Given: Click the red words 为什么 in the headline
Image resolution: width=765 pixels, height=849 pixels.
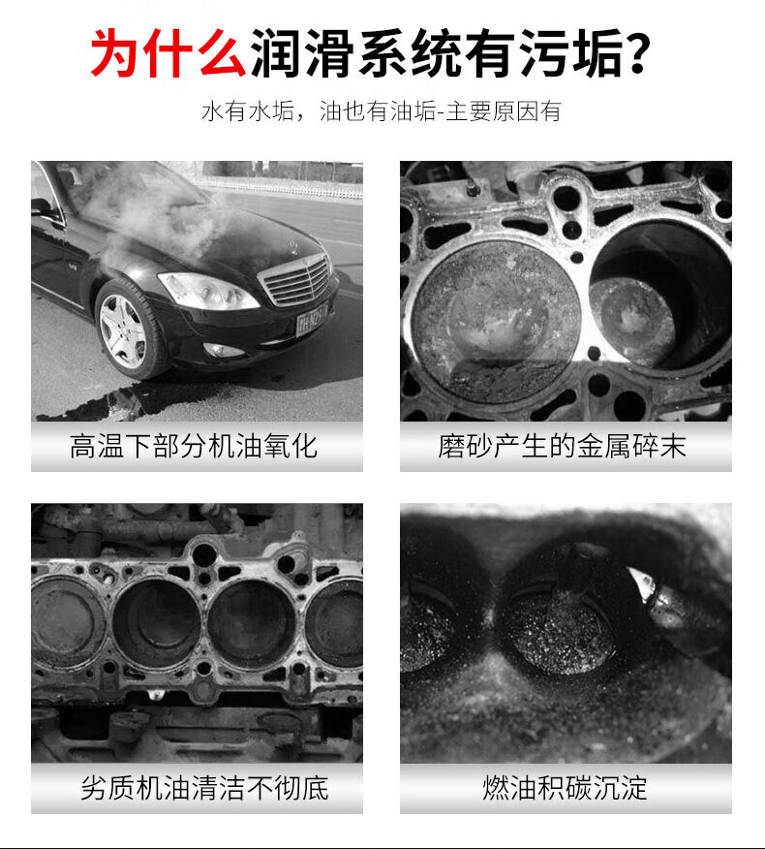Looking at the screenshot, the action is (168, 52).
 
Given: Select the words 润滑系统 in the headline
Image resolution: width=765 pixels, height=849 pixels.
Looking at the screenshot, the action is (355, 52).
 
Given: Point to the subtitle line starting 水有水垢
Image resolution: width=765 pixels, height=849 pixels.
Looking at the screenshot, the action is (382, 111).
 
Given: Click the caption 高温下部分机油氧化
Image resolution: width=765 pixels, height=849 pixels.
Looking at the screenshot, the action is (193, 447).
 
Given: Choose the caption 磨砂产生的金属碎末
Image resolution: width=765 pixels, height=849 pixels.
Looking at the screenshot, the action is (562, 447).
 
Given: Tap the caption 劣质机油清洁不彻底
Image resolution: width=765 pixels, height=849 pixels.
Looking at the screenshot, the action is (204, 788).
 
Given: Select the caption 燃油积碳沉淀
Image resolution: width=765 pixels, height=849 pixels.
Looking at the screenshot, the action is (565, 788).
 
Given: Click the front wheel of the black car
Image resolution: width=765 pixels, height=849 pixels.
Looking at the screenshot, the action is (129, 330).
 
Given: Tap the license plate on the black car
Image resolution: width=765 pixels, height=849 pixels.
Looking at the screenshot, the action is (312, 320).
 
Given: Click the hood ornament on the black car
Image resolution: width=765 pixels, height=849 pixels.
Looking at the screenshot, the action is (292, 245).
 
